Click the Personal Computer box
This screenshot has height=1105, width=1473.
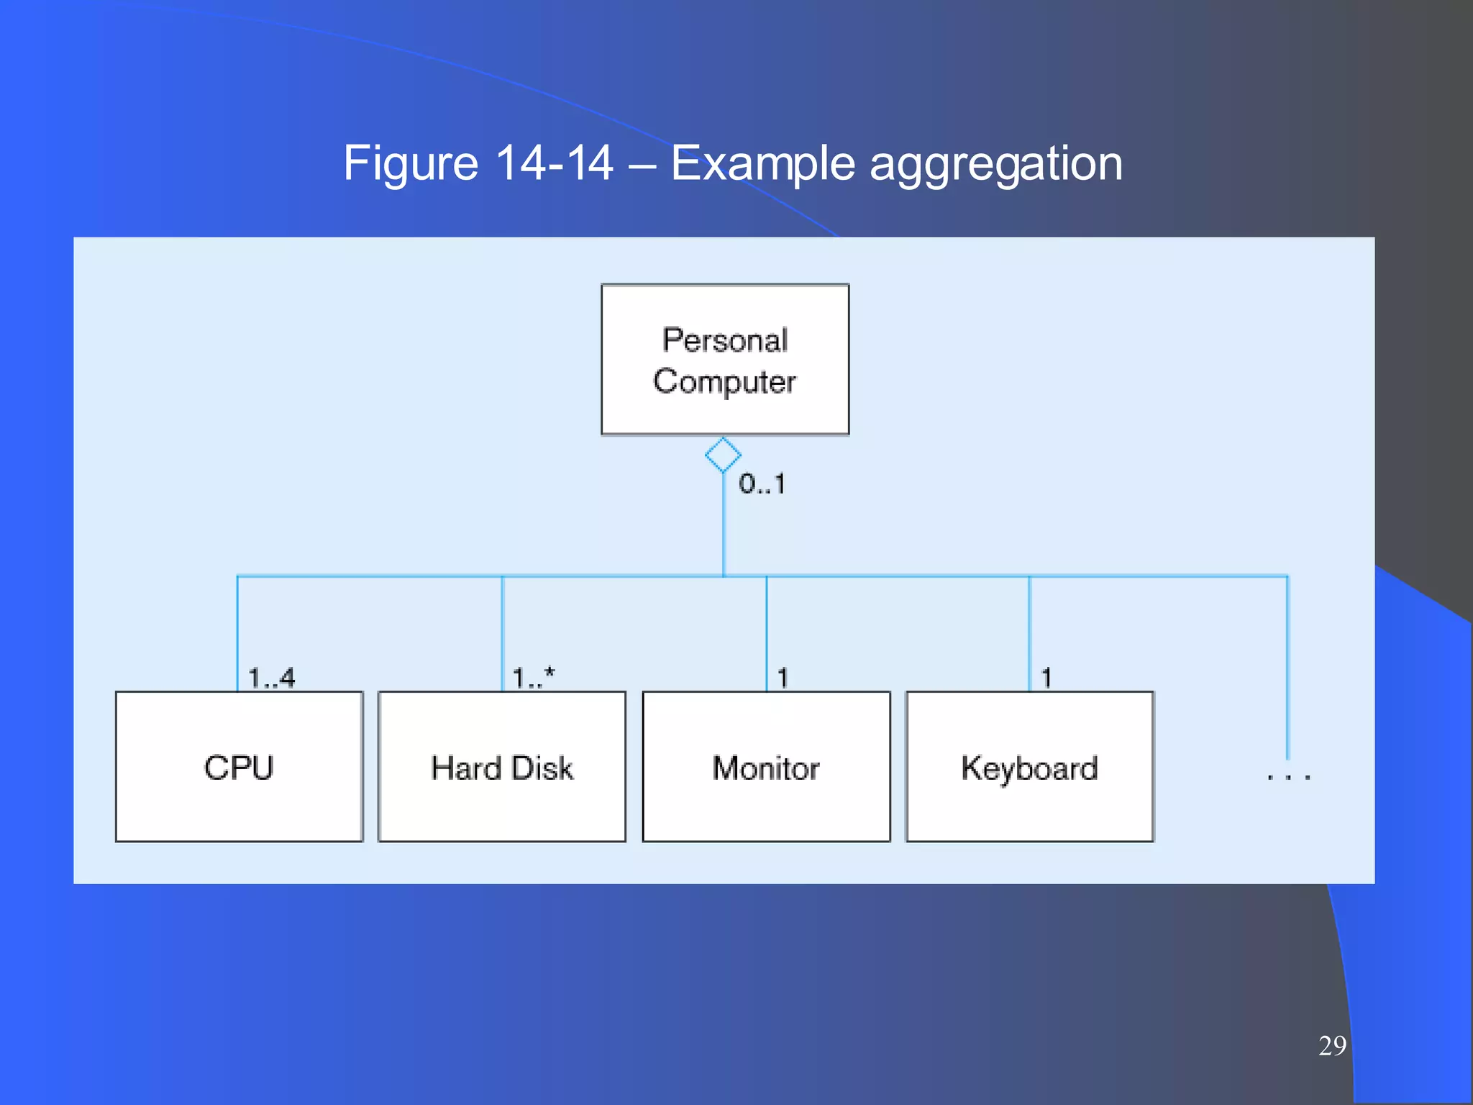click(725, 359)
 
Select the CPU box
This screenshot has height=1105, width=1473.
click(239, 767)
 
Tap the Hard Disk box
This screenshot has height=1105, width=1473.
click(502, 767)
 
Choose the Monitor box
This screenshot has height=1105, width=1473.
click(766, 767)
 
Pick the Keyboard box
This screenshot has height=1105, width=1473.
click(1029, 767)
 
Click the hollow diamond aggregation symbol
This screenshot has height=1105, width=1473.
click(723, 455)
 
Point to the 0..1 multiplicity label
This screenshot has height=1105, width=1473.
click(762, 484)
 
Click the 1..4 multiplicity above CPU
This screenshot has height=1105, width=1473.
click(271, 678)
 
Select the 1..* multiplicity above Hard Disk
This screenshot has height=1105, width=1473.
click(533, 678)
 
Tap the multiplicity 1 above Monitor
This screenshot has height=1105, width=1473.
click(783, 678)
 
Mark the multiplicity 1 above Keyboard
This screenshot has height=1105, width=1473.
click(1046, 678)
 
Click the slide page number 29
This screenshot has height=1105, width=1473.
click(1332, 1045)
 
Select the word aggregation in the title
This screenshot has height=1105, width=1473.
click(996, 164)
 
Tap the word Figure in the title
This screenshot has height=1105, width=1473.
click(410, 164)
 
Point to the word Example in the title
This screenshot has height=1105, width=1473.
click(762, 164)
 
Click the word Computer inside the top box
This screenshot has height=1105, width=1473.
click(724, 381)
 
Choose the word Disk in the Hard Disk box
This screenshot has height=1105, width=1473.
click(542, 768)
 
